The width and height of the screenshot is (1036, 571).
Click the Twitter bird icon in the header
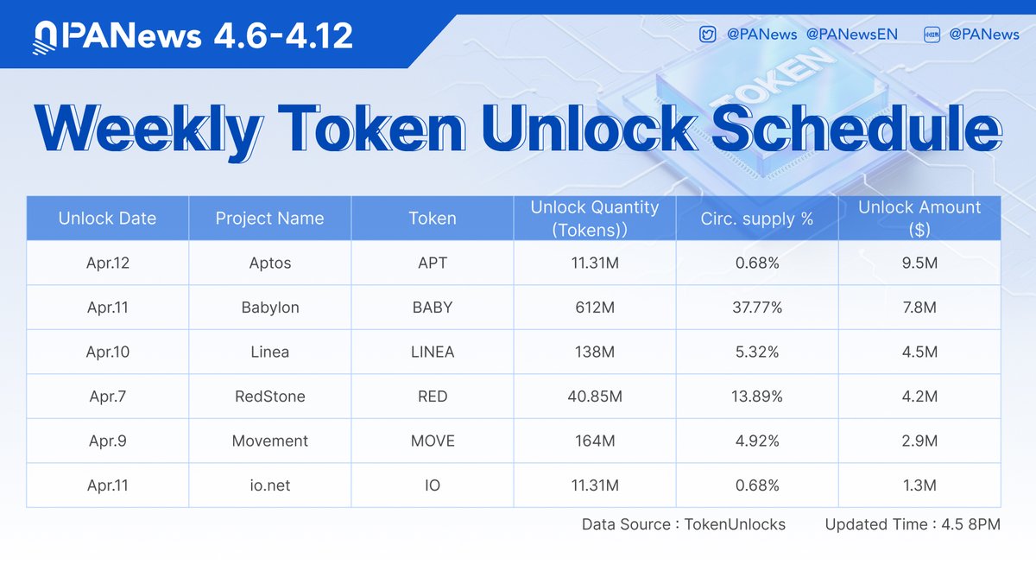707,35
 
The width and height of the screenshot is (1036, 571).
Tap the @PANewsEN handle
851,35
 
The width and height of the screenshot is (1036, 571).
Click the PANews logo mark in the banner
45,38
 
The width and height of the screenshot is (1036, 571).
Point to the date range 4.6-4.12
283,35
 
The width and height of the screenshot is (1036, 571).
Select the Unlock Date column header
107,219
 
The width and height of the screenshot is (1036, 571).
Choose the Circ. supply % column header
756,219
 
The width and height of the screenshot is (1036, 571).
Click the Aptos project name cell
270,263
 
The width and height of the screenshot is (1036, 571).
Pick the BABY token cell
433,308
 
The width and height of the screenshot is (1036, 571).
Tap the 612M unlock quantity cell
595,308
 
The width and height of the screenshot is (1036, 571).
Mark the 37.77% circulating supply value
757,308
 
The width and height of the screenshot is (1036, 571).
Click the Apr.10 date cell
108,352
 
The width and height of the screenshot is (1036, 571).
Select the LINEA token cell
433,352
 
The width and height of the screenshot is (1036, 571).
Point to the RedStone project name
270,397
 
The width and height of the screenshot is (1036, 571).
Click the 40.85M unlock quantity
595,397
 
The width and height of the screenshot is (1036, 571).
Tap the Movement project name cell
270,441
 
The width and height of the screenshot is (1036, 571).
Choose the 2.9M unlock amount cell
919,441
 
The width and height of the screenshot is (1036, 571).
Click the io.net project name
270,485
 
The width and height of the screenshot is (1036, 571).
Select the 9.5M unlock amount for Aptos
919,263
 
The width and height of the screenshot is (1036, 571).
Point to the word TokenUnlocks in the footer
735,524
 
